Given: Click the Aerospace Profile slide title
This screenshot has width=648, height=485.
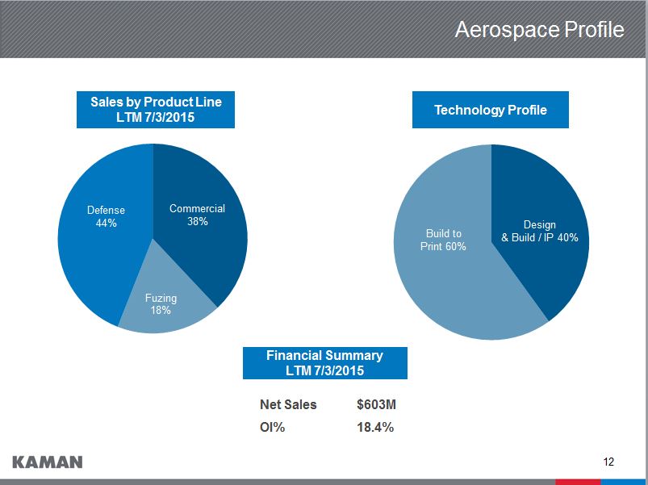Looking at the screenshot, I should click(x=539, y=30).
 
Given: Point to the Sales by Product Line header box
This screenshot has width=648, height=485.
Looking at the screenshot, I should click(x=156, y=109).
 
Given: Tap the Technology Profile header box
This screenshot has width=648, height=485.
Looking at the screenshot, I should click(x=490, y=110).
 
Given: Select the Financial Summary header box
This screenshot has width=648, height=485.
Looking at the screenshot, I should click(x=324, y=363).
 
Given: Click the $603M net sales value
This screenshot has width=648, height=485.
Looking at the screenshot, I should click(x=375, y=404).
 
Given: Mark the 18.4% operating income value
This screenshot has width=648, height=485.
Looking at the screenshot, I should click(x=375, y=428).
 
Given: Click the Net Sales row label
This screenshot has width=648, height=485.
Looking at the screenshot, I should click(x=288, y=404).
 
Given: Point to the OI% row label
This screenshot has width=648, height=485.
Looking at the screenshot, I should click(x=273, y=428).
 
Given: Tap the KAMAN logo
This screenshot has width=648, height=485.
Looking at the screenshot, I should click(x=48, y=462).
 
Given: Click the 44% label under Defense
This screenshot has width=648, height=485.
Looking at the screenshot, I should click(x=106, y=224).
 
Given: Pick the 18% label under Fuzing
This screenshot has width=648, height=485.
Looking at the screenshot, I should click(x=161, y=311).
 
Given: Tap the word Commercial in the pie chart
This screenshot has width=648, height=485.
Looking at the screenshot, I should click(x=197, y=208).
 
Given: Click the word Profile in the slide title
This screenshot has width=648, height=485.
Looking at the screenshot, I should click(x=593, y=30).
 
